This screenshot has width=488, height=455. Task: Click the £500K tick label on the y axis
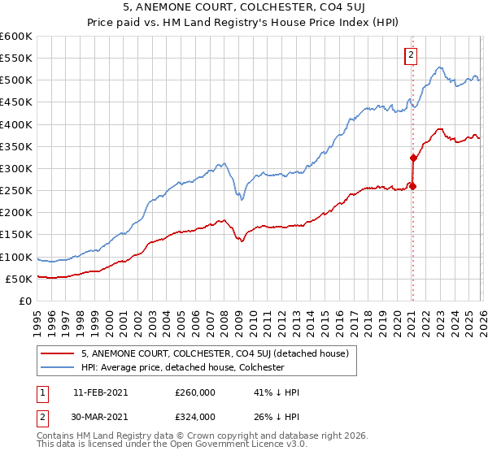pos(16,80)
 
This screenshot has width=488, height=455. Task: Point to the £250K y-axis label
pos(16,191)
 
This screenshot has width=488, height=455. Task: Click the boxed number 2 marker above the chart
pos(411,55)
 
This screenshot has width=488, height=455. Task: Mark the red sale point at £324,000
pos(413,158)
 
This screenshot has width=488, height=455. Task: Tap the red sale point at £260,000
pos(412,186)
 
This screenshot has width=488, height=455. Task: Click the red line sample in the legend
pos(57,353)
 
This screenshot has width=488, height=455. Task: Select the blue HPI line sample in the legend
pos(57,367)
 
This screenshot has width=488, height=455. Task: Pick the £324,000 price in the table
pos(195,416)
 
